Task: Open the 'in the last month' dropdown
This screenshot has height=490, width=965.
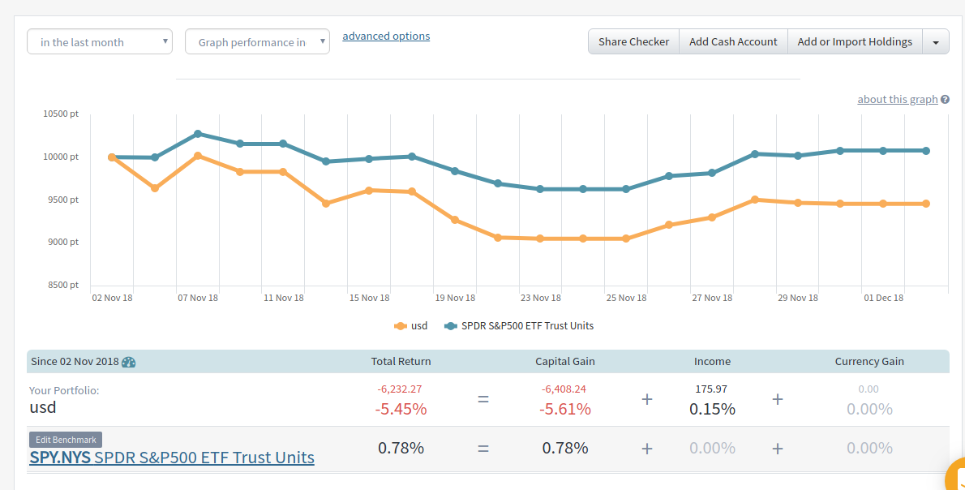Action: [x=100, y=42]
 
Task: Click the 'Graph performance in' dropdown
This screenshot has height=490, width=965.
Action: [x=257, y=42]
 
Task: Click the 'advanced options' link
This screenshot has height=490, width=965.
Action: [x=386, y=36]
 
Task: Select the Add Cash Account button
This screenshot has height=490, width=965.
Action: [x=733, y=42]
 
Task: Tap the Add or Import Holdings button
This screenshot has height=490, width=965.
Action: [x=855, y=42]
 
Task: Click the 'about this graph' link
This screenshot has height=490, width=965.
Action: [x=898, y=99]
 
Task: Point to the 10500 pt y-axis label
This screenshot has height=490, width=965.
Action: [x=61, y=114]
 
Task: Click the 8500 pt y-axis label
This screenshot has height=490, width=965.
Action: [x=61, y=285]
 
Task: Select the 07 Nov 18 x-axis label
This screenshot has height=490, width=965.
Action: [x=198, y=298]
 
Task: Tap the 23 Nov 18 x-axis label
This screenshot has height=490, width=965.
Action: [x=541, y=298]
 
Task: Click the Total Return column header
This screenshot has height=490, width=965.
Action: [x=401, y=361]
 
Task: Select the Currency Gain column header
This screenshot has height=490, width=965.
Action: [x=869, y=361]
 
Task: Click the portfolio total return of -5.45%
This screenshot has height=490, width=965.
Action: [x=401, y=409]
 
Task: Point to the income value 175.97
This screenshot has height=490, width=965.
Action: [x=712, y=389]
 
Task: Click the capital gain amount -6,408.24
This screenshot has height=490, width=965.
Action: [x=564, y=389]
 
